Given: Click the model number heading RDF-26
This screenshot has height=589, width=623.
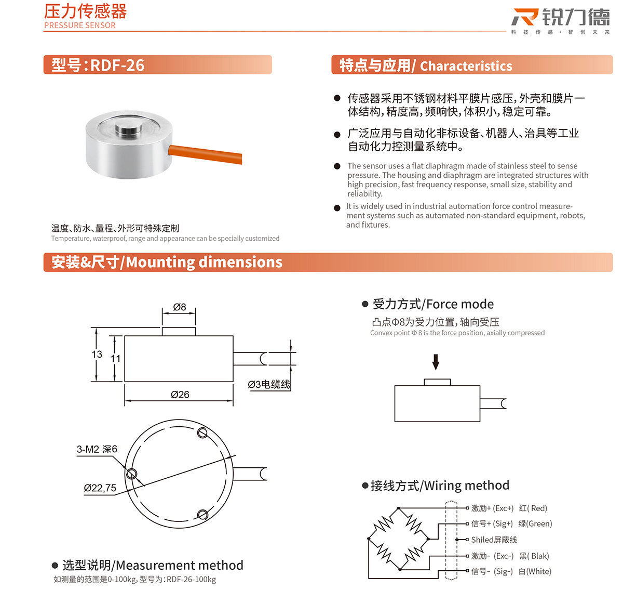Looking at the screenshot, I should (98, 65).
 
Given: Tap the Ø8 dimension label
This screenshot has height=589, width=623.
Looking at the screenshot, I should (180, 307).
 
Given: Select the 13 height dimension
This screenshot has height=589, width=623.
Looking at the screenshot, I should (97, 354).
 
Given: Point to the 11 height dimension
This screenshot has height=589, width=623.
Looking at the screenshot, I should (115, 358).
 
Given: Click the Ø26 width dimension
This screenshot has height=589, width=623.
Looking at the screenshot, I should (180, 395).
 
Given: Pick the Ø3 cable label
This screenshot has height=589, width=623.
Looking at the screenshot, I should (268, 384).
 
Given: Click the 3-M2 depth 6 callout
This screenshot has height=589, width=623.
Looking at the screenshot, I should (97, 449).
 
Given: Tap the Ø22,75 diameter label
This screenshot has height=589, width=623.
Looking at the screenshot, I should (100, 488).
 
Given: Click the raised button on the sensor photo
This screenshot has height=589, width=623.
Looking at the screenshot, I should (127, 129).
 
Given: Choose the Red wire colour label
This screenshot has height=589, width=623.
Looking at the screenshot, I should (533, 508).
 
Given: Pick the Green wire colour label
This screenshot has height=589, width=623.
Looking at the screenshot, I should (535, 524).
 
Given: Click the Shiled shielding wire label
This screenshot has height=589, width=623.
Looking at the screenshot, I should (494, 540).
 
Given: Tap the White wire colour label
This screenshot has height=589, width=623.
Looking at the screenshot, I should (535, 571).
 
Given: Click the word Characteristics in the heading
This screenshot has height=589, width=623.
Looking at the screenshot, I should (466, 66).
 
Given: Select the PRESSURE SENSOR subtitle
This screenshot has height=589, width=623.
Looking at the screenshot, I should (80, 25).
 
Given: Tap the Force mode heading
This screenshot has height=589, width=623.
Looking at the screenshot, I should (433, 304).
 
